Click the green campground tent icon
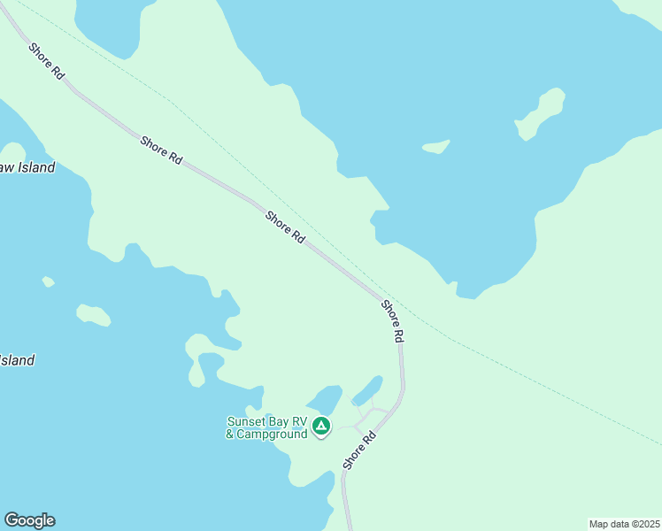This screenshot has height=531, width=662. click(321, 427)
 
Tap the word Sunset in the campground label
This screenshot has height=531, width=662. click(245, 421)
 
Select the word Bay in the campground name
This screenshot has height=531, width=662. click(278, 421)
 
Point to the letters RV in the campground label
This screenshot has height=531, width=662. click(299, 421)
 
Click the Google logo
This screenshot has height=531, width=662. click(29, 520)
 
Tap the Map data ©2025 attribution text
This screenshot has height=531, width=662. click(624, 524)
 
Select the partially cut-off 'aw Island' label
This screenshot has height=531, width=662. click(27, 167)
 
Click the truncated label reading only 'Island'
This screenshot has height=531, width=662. click(17, 360)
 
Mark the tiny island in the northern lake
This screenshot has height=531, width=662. click(435, 147)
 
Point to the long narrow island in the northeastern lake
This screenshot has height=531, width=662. click(541, 112)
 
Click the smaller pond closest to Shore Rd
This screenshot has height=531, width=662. click(367, 390)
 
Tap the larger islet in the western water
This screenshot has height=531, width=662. click(93, 314)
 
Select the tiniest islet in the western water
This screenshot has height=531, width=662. click(48, 281)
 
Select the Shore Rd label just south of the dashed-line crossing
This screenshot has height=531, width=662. click(393, 321)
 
